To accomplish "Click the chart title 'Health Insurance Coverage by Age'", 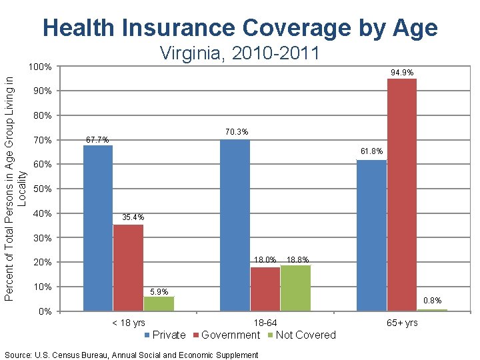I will coord(240,28).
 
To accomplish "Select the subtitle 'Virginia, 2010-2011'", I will coord(240,53).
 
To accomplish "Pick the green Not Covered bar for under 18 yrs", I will coord(159,304).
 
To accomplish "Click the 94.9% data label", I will coord(402,72).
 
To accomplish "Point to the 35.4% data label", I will coord(132,218).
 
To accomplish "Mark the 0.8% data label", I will coord(432,301).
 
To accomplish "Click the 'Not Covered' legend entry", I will coord(305,335).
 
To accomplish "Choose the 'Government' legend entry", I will coord(230,335).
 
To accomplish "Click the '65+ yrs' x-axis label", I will coord(402,323).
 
